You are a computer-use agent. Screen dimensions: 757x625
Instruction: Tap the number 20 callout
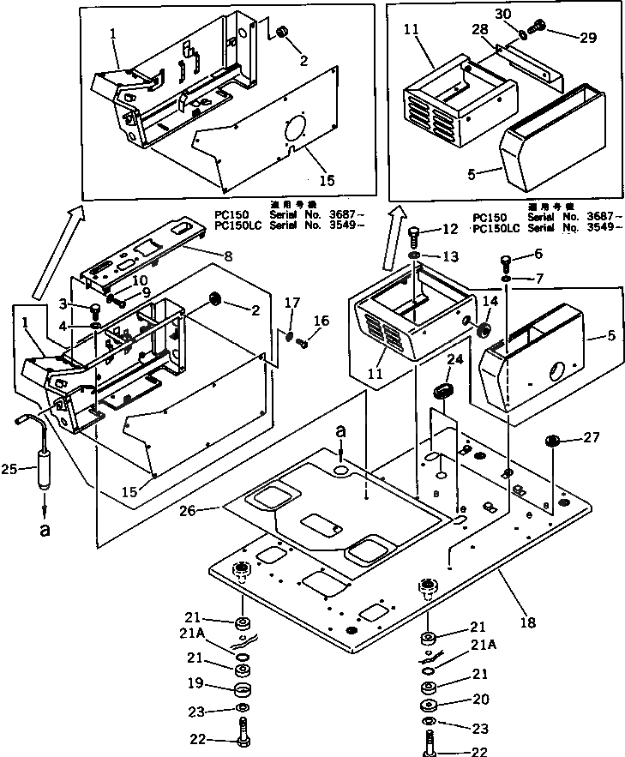pyautogui.click(x=482, y=700)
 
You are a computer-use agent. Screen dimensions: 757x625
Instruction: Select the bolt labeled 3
pyautogui.click(x=96, y=309)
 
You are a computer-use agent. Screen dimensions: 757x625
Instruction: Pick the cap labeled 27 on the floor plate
pyautogui.click(x=553, y=442)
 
